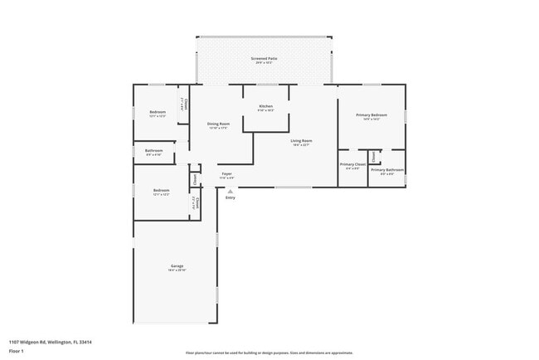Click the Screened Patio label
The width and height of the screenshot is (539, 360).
click(x=265, y=58)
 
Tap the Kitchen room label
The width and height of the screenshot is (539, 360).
click(x=265, y=106)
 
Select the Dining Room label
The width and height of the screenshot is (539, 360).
click(x=219, y=124)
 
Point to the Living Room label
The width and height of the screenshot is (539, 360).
click(x=300, y=140)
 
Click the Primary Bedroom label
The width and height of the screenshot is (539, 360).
click(x=371, y=114)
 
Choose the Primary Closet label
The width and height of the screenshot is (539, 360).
click(x=352, y=164)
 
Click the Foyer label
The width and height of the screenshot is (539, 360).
click(x=226, y=174)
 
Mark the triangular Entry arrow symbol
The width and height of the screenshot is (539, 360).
click(x=230, y=191)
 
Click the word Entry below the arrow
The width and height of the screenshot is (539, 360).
click(x=230, y=197)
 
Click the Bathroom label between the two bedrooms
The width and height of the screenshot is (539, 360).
click(x=154, y=151)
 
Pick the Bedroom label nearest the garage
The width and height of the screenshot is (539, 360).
click(x=161, y=190)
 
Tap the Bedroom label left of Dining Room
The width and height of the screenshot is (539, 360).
click(x=158, y=112)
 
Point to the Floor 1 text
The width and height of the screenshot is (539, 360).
click(x=17, y=351)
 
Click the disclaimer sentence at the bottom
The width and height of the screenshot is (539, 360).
click(x=269, y=353)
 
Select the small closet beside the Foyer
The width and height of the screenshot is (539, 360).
click(x=195, y=178)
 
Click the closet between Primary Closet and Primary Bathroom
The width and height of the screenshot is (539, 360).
click(x=374, y=156)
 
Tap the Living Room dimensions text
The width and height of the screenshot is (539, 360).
click(x=300, y=145)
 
